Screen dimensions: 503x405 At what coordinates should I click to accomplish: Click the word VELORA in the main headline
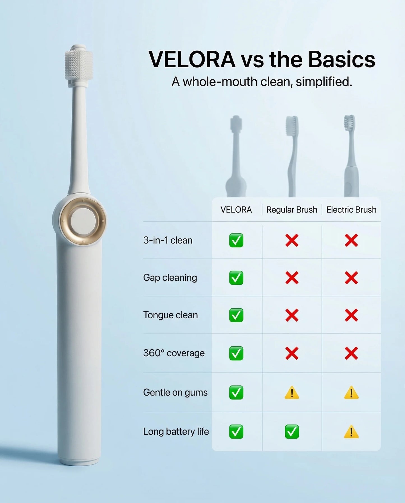coord(192,59)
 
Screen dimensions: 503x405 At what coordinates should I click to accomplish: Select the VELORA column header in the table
coord(236,210)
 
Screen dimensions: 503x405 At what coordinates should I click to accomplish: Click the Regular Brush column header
coord(291,210)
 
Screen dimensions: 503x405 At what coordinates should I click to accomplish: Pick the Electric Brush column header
coord(351,210)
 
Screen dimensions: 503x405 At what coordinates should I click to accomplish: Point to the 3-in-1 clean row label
coord(168,240)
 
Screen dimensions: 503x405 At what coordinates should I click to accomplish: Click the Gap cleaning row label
coord(170,278)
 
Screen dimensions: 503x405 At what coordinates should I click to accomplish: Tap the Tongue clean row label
coord(170,315)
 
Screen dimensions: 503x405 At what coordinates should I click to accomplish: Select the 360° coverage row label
coord(174,353)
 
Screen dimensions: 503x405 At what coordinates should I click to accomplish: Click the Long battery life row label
coord(176,431)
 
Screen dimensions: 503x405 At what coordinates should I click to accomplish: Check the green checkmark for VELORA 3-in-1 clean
coord(236,240)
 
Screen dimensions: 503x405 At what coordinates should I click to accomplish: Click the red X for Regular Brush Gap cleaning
coord(292,278)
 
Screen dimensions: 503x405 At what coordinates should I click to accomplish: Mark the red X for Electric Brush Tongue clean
coord(351,315)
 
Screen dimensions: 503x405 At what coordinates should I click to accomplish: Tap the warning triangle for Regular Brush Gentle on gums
coord(292,392)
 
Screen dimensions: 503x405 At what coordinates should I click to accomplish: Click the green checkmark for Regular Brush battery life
coord(292,431)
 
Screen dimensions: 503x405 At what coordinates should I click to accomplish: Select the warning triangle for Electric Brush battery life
coord(351,432)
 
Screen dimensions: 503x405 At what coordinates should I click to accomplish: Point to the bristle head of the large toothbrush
coord(79,65)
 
